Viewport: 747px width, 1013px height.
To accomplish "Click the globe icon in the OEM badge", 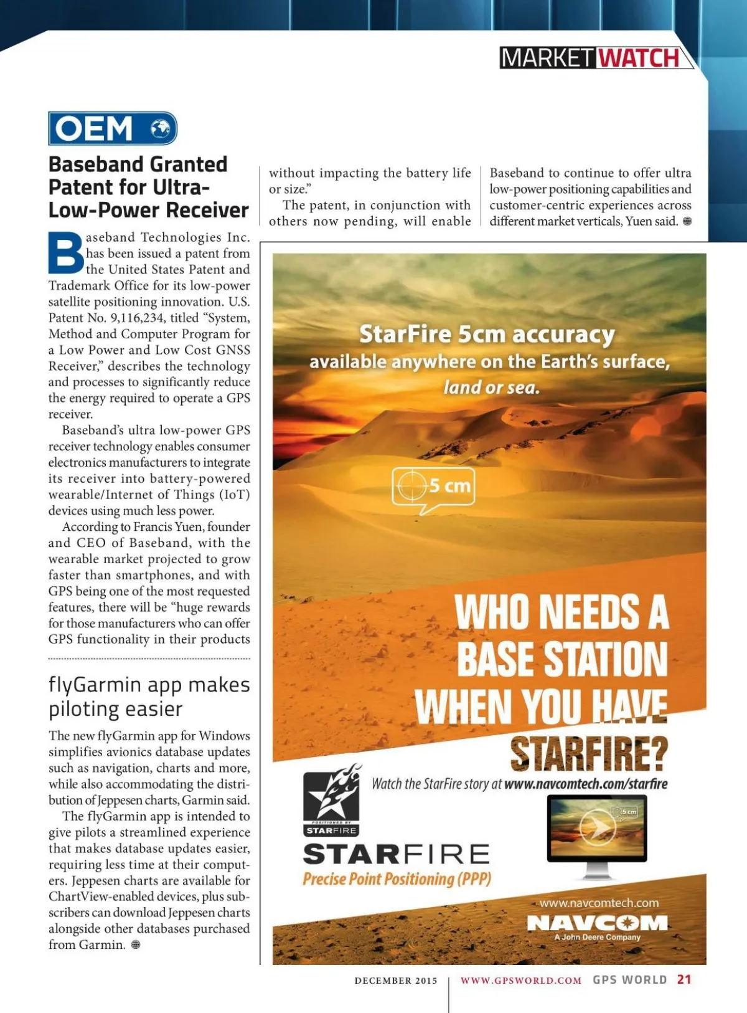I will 161,128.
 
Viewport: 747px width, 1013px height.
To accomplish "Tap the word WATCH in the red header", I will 638,58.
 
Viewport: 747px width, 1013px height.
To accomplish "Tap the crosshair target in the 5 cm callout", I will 411,485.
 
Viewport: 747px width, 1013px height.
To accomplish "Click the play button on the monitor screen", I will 597,827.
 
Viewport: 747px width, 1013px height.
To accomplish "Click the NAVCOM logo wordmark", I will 597,923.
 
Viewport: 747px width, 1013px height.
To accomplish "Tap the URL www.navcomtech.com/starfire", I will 586,784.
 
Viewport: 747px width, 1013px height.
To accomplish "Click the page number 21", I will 684,979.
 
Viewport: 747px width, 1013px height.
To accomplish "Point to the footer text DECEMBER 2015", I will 396,981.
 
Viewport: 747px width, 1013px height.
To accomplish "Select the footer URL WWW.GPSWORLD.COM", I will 521,981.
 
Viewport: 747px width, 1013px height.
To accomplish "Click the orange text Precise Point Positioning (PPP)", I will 397,879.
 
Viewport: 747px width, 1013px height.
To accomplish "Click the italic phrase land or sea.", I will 491,388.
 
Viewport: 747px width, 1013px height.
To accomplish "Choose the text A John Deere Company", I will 597,937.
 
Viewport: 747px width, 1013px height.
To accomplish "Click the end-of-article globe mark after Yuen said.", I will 687,221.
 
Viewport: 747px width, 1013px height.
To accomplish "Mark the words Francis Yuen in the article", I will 168,527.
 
